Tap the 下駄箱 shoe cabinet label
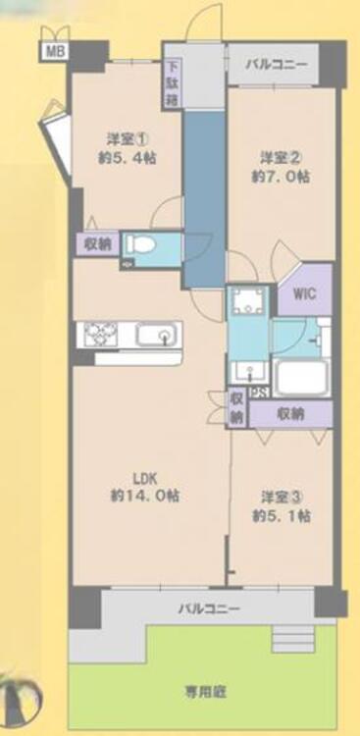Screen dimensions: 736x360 pyautogui.click(x=173, y=84)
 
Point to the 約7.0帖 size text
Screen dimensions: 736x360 pyautogui.click(x=281, y=177)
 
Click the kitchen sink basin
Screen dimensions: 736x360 pyautogui.click(x=158, y=337)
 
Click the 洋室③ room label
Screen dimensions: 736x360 pyautogui.click(x=281, y=497)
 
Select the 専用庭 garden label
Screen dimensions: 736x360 pyautogui.click(x=205, y=692)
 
